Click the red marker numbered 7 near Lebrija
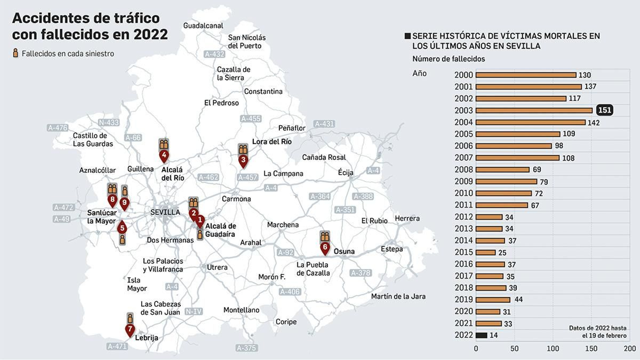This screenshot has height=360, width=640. click(130, 330)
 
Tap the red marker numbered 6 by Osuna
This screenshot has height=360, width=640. click(325, 248)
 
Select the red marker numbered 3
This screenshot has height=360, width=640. click(243, 160)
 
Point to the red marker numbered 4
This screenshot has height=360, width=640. click(164, 155)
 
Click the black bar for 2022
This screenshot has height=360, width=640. click(481, 335)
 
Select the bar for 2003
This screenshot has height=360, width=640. click(534, 110)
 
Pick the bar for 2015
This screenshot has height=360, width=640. click(486, 252)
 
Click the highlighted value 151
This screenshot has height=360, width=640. click(604, 110)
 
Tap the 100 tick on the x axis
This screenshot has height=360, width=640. click(553, 348)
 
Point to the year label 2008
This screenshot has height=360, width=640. click(464, 170)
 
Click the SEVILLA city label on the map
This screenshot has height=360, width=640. click(165, 212)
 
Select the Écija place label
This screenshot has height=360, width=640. click(346, 172)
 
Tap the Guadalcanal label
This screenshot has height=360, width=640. click(203, 26)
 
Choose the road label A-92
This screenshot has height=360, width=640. click(286, 252)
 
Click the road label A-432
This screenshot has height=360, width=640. click(214, 54)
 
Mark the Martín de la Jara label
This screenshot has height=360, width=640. click(398, 296)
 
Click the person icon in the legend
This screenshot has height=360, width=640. click(16, 53)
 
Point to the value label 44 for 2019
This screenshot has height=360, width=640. click(518, 299)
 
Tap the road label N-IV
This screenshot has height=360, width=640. click(194, 311)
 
